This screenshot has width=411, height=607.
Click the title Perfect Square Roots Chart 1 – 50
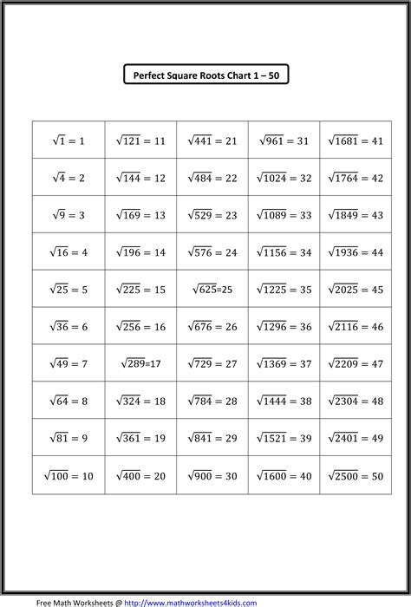205,76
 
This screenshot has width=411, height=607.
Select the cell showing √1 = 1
68,140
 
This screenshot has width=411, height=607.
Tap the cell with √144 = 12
140,178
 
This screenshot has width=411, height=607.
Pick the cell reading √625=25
212,290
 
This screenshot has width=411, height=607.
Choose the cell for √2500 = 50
356,475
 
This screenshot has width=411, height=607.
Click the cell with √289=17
140,364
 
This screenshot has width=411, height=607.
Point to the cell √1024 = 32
284,178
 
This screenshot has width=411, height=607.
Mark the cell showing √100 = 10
68,475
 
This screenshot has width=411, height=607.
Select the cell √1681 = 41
356,140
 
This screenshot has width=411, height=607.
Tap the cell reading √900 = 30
212,475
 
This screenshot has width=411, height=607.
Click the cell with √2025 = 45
356,290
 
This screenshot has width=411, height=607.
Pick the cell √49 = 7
68,364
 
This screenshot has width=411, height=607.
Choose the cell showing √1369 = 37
284,364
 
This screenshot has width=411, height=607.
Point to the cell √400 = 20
140,475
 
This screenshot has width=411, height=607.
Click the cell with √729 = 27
212,364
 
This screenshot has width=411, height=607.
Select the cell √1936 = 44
356,252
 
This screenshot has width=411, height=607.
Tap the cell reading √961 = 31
284,140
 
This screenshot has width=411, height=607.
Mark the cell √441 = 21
212,140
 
